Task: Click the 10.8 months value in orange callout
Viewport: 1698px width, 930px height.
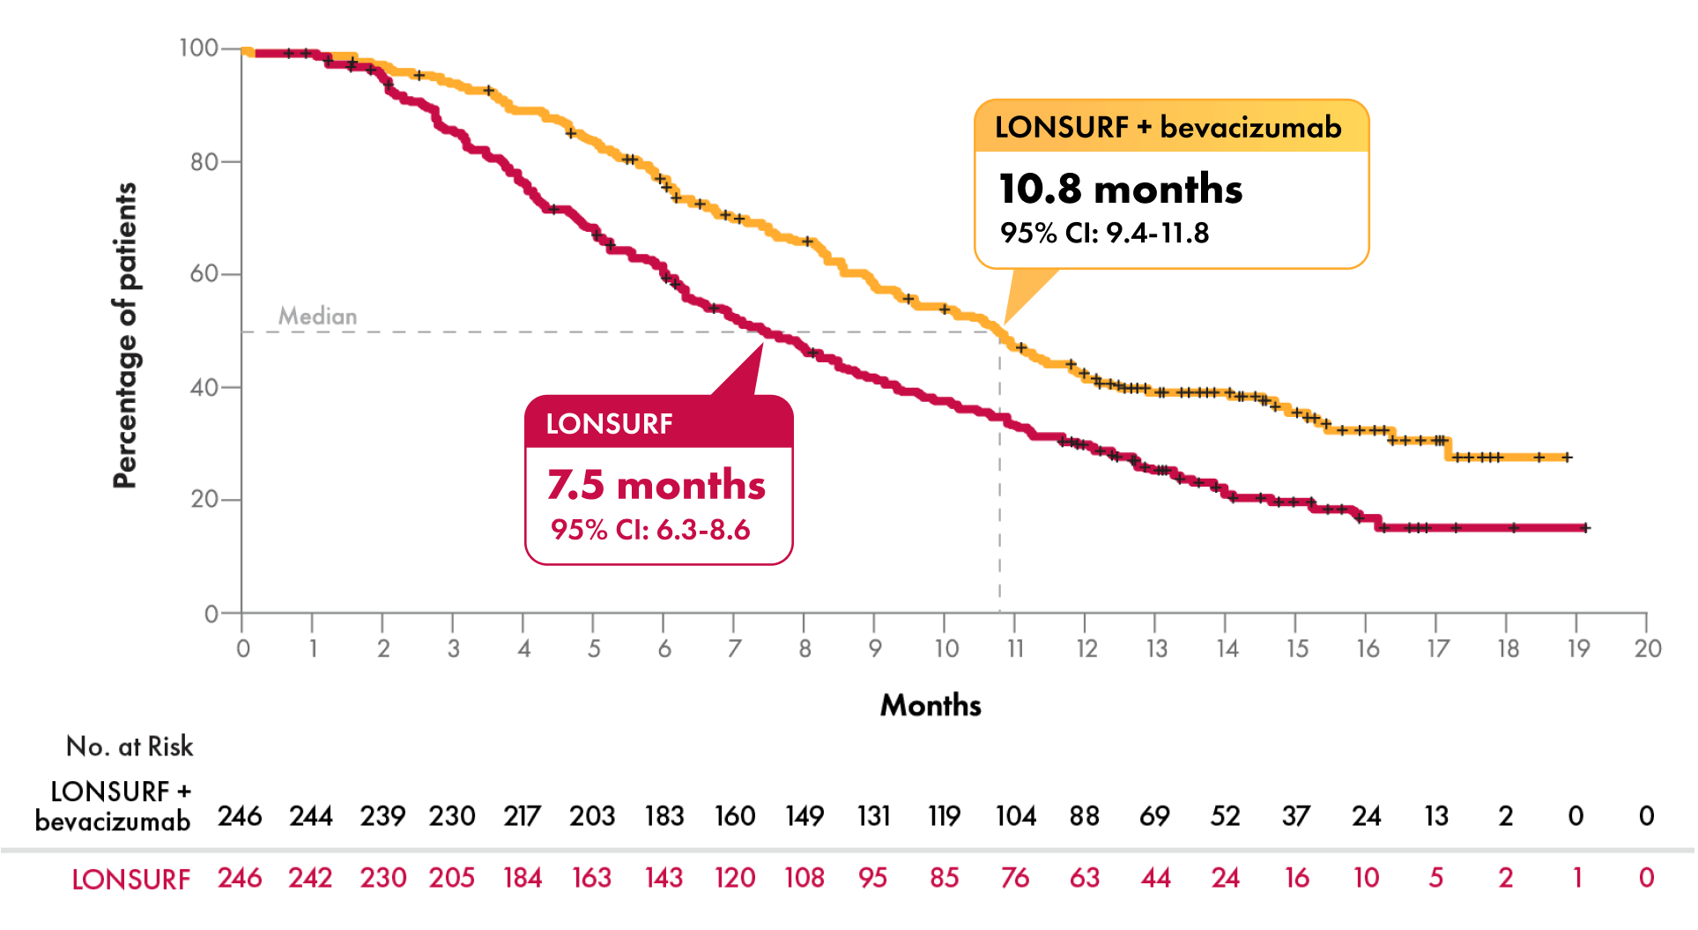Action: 1120,189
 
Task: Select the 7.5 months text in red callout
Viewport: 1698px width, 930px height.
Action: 656,485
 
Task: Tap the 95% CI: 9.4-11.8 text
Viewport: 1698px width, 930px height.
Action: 1104,234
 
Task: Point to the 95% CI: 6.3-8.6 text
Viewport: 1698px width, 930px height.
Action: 650,530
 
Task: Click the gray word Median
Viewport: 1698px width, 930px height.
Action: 317,316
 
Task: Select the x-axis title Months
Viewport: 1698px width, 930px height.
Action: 931,705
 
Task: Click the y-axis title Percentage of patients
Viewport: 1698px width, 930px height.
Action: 125,335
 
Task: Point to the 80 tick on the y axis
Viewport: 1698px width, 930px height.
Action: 204,162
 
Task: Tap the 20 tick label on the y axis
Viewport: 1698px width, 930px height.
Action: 204,500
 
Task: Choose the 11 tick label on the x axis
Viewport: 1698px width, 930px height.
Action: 1015,650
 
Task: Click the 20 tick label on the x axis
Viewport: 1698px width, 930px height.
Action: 1647,650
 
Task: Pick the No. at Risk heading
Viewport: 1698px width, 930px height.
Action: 130,747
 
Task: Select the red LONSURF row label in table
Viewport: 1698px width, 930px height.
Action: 130,880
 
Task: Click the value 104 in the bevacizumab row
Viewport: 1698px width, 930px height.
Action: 1015,816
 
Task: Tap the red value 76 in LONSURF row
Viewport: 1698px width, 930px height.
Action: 1015,878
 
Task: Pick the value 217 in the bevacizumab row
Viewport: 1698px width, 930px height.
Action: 523,816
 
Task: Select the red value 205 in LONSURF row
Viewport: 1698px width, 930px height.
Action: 452,878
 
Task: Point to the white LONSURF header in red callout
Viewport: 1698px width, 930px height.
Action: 609,424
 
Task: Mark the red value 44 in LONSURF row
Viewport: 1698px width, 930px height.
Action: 1155,878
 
